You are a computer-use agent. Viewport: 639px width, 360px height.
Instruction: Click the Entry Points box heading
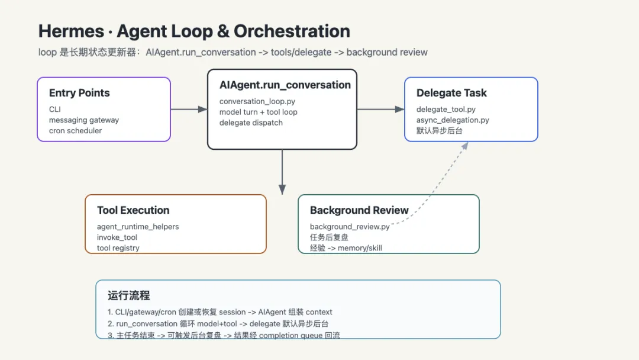pyautogui.click(x=79, y=93)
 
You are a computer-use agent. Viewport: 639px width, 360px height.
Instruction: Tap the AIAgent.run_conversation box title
pyautogui.click(x=285, y=85)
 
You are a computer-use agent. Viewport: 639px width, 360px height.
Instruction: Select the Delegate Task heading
pyautogui.click(x=451, y=93)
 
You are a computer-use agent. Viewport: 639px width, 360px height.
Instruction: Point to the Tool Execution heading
pyautogui.click(x=133, y=210)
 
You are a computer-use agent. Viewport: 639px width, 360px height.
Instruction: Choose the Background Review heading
pyautogui.click(x=359, y=210)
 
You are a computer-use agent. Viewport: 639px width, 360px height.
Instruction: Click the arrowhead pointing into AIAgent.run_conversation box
pyautogui.click(x=202, y=110)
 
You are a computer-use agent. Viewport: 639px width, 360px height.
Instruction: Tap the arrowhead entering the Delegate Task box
pyautogui.click(x=400, y=110)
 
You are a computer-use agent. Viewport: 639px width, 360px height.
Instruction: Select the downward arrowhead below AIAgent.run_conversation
pyautogui.click(x=282, y=189)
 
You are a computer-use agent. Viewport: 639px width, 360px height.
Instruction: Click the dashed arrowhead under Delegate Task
pyautogui.click(x=465, y=146)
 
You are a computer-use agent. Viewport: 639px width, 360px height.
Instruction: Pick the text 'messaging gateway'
pyautogui.click(x=84, y=120)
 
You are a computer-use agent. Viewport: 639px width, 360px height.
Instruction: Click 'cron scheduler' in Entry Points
pyautogui.click(x=75, y=130)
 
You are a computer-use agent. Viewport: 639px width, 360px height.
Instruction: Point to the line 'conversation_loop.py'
pyautogui.click(x=257, y=101)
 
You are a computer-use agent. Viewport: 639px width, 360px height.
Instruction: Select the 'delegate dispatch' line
pyautogui.click(x=251, y=123)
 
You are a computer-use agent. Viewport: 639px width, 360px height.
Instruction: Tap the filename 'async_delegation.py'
pyautogui.click(x=453, y=120)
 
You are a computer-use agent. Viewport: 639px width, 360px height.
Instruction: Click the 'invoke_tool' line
pyautogui.click(x=117, y=237)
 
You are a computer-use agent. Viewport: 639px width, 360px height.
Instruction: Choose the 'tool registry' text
pyautogui.click(x=118, y=248)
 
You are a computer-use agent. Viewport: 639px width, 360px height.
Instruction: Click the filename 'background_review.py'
pyautogui.click(x=350, y=227)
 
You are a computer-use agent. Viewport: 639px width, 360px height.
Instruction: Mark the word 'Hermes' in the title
pyautogui.click(x=72, y=31)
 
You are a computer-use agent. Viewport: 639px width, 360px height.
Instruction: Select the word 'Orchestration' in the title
pyautogui.click(x=292, y=31)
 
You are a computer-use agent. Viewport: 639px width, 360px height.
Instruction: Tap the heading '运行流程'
pyautogui.click(x=129, y=295)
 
